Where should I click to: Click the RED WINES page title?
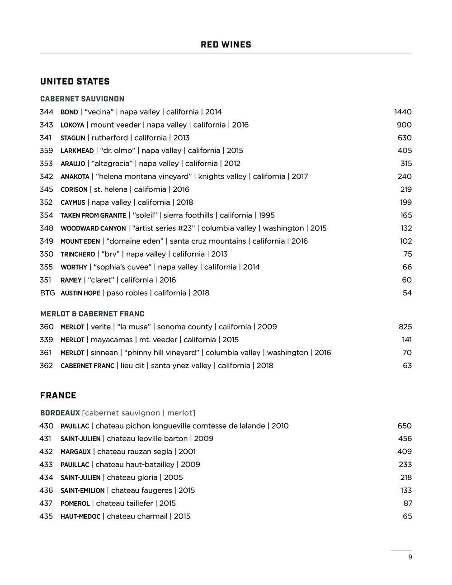tap(226, 45)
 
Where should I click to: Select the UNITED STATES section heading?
tap(75, 82)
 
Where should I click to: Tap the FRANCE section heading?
tap(58, 396)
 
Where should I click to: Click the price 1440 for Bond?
tap(403, 112)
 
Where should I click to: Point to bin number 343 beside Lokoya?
tap(47, 125)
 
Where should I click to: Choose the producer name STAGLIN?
tap(73, 138)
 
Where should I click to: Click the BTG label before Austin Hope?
tap(47, 293)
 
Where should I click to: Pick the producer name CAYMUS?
tap(73, 203)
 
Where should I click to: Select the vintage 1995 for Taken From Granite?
tap(267, 216)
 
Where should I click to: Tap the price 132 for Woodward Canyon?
tap(406, 228)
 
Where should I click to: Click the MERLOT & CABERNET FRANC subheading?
tap(92, 314)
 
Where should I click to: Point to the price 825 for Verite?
tap(405, 327)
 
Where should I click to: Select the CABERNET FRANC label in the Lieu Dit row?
tap(87, 366)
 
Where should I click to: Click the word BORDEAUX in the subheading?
tap(60, 413)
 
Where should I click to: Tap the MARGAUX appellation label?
tap(75, 452)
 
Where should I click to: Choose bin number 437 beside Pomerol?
tap(47, 503)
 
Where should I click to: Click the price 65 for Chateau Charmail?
tap(407, 516)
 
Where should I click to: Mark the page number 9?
tap(410, 557)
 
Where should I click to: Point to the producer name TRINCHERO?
tap(78, 255)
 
